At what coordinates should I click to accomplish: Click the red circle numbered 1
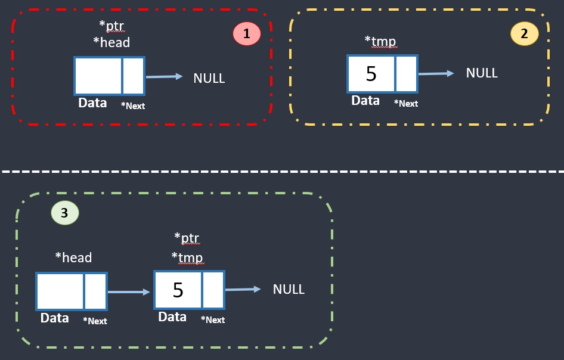(x=247, y=35)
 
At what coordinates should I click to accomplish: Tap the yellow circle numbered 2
(x=525, y=34)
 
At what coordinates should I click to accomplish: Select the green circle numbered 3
(x=64, y=213)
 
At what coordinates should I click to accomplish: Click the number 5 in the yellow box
(x=371, y=74)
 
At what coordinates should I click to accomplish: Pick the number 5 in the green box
(x=178, y=290)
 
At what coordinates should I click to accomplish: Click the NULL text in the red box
(x=209, y=78)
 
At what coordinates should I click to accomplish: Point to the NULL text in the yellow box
(x=482, y=73)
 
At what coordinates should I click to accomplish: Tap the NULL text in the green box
(x=289, y=289)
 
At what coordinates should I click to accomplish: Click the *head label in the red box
(x=111, y=42)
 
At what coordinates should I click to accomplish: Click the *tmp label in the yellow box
(x=380, y=41)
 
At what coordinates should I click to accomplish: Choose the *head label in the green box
(x=73, y=257)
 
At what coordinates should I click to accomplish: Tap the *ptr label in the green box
(x=187, y=238)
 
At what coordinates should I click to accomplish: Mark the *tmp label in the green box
(x=187, y=257)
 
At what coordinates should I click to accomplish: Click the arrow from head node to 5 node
(x=129, y=292)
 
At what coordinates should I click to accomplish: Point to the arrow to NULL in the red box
(x=164, y=76)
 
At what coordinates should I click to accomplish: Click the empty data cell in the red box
(x=98, y=76)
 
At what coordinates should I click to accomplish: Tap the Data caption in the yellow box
(x=365, y=101)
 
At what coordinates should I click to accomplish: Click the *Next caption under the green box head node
(x=95, y=321)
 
